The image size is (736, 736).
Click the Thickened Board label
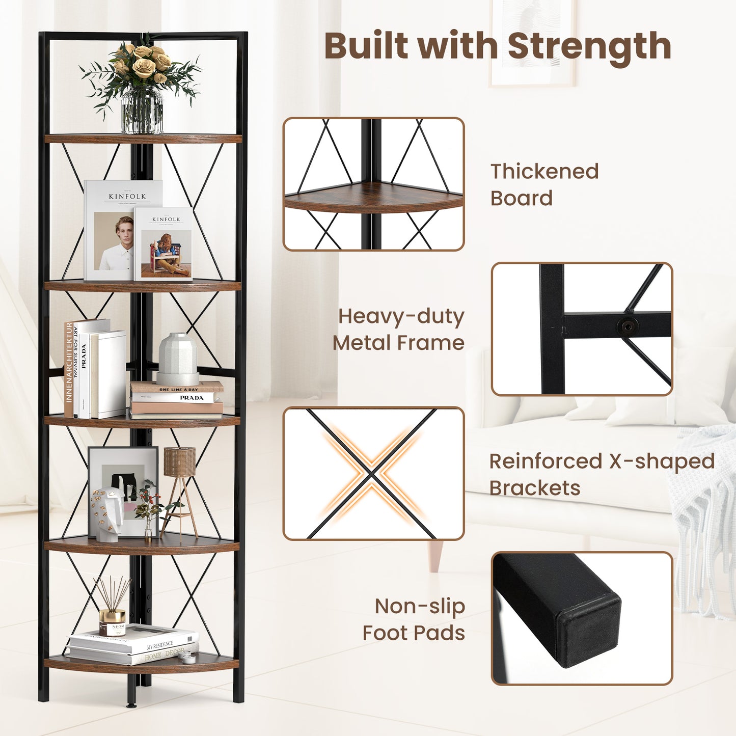click(544, 184)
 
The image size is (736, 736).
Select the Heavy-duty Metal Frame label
click(399, 329)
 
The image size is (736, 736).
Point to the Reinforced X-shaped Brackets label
click(602, 474)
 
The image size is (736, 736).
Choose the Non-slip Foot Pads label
click(414, 619)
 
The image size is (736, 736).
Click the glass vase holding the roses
click(142, 110)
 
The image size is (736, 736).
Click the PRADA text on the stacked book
click(192, 398)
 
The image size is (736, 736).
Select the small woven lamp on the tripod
click(179, 462)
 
